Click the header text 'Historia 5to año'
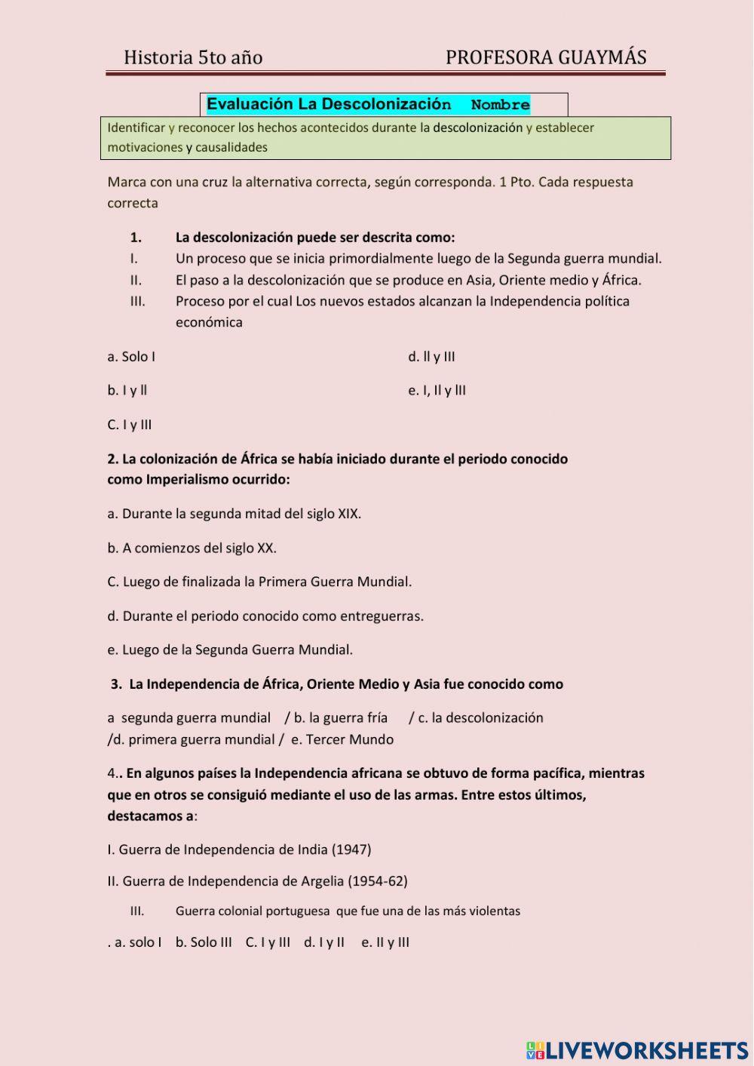point(193,57)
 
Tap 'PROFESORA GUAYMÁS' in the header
point(546,57)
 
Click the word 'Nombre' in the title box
point(500,105)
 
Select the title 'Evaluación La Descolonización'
point(329,104)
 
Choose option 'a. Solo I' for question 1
point(131,357)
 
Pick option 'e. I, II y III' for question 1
point(437,390)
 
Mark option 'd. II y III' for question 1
point(431,357)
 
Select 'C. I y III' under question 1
point(130,425)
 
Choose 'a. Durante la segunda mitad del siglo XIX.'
point(234,514)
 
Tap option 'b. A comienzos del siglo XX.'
point(192,548)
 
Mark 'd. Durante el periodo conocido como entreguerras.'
point(265,616)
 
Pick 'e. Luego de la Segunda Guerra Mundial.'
point(230,650)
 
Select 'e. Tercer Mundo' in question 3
point(342,739)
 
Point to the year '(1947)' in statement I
point(351,849)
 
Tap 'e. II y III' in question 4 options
point(385,942)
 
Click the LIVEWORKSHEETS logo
point(637,1050)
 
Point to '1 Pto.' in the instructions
point(516,182)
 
